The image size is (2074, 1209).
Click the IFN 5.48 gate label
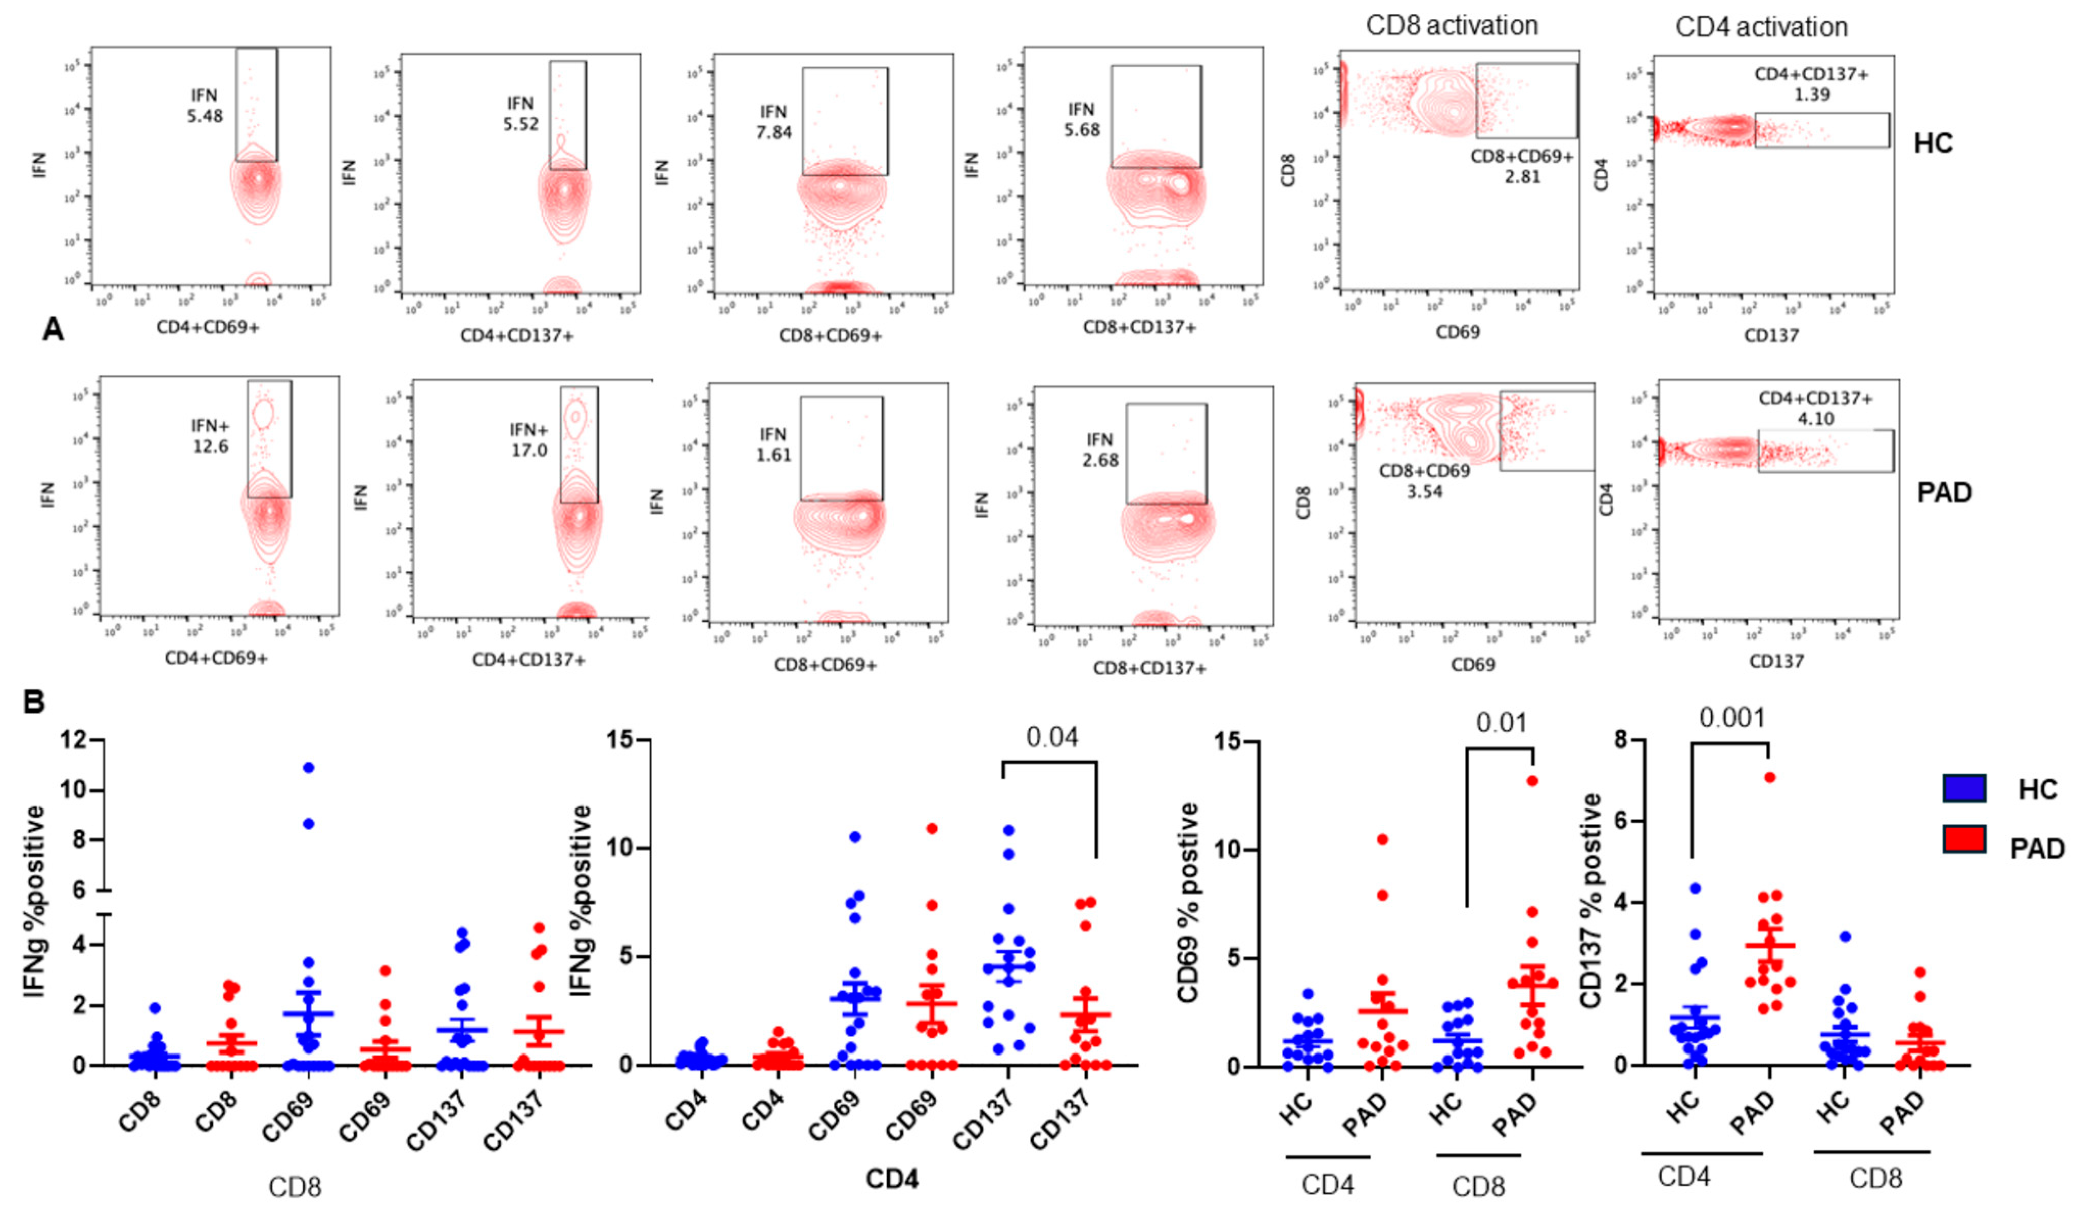(204, 105)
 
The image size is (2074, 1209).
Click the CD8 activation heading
(1452, 26)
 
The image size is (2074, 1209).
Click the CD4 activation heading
(1761, 27)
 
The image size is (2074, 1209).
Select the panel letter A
(53, 330)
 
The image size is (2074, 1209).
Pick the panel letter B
(33, 702)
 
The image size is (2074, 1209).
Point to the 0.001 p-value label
(1732, 718)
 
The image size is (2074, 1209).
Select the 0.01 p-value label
(1501, 723)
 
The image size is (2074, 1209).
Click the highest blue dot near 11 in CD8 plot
(308, 767)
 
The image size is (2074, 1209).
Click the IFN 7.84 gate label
(774, 121)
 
